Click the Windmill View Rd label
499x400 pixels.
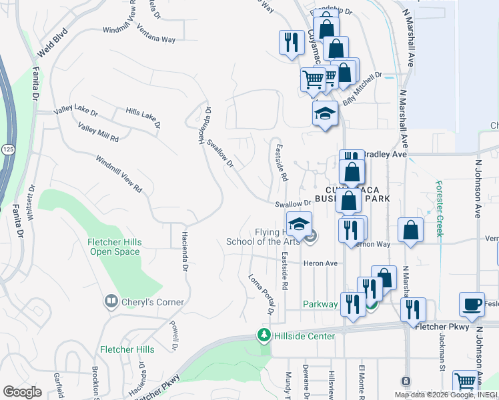(x=119, y=174)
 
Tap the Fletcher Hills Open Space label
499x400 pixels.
(x=115, y=247)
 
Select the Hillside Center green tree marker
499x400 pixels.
(x=265, y=335)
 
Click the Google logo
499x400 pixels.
(x=22, y=391)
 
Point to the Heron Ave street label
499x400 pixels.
(x=321, y=263)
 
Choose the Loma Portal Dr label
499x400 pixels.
(x=261, y=294)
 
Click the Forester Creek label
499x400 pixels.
(x=439, y=201)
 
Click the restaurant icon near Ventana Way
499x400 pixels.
(x=292, y=43)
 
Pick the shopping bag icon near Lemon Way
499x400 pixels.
(x=411, y=230)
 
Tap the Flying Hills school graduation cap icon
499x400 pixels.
(x=299, y=223)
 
